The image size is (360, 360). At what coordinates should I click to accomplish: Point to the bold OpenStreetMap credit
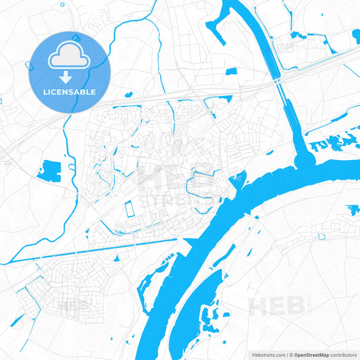coord(311,355)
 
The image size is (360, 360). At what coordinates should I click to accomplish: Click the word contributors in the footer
coord(343,355)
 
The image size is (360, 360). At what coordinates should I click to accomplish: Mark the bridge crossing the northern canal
coord(278,80)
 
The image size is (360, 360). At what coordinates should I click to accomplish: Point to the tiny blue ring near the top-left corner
coord(2,101)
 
